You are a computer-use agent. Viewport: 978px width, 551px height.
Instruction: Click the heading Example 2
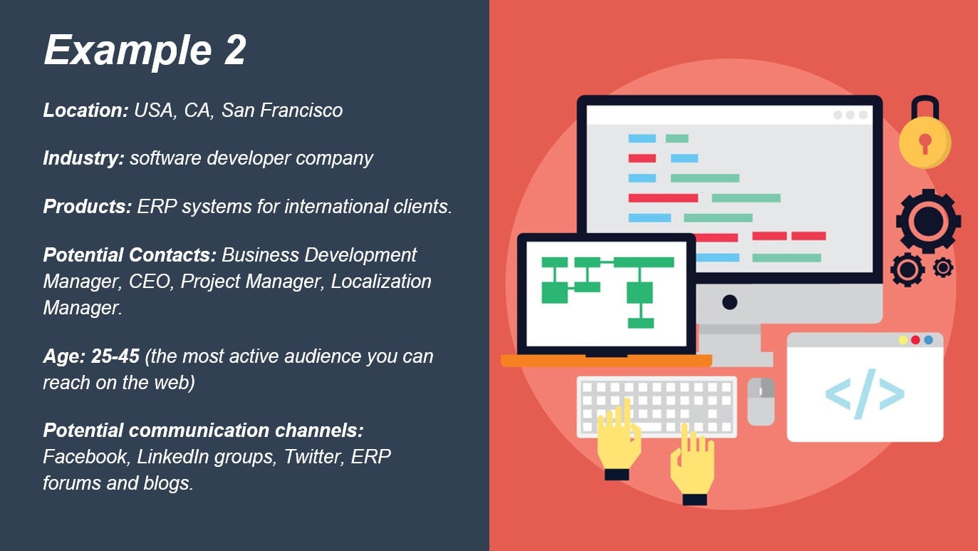click(x=145, y=51)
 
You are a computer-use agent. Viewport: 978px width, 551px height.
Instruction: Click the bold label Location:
click(x=85, y=110)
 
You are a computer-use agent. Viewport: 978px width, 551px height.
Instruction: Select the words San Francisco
click(x=282, y=110)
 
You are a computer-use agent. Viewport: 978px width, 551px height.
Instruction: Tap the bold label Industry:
click(x=84, y=158)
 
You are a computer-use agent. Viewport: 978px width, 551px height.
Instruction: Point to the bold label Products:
click(x=88, y=206)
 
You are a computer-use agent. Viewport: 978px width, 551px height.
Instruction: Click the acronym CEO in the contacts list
click(x=149, y=282)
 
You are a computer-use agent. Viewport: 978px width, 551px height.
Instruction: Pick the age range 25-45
click(x=115, y=356)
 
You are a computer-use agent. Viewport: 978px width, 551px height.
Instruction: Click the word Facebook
click(x=85, y=457)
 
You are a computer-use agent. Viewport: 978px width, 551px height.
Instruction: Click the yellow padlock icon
click(x=925, y=133)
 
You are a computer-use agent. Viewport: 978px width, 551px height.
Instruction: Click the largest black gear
click(x=928, y=221)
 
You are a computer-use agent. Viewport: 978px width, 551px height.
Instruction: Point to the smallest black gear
click(x=943, y=267)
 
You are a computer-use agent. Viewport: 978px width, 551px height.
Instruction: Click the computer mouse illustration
click(x=761, y=401)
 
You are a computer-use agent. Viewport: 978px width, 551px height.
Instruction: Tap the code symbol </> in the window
click(x=865, y=394)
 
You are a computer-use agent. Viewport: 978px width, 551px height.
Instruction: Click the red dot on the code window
click(x=915, y=340)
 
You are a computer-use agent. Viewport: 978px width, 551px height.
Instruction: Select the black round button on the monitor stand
click(x=729, y=302)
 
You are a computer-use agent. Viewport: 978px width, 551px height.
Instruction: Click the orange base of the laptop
click(x=606, y=361)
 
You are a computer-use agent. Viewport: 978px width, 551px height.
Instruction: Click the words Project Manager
click(x=252, y=282)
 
